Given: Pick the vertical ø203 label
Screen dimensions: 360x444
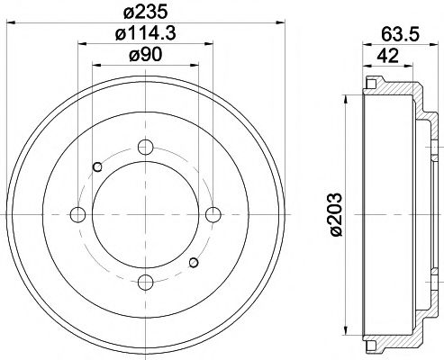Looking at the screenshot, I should (x=335, y=216).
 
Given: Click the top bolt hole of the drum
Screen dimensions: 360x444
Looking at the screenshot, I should (x=145, y=148).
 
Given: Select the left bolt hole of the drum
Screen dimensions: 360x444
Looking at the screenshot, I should (x=77, y=214).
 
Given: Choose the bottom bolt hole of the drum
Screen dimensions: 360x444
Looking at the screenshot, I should (x=145, y=282).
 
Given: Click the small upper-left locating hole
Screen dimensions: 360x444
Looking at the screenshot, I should (x=98, y=166).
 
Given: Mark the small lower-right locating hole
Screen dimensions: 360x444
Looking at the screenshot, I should (x=192, y=262).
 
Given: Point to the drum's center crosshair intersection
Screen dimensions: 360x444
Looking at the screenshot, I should (x=145, y=214).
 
